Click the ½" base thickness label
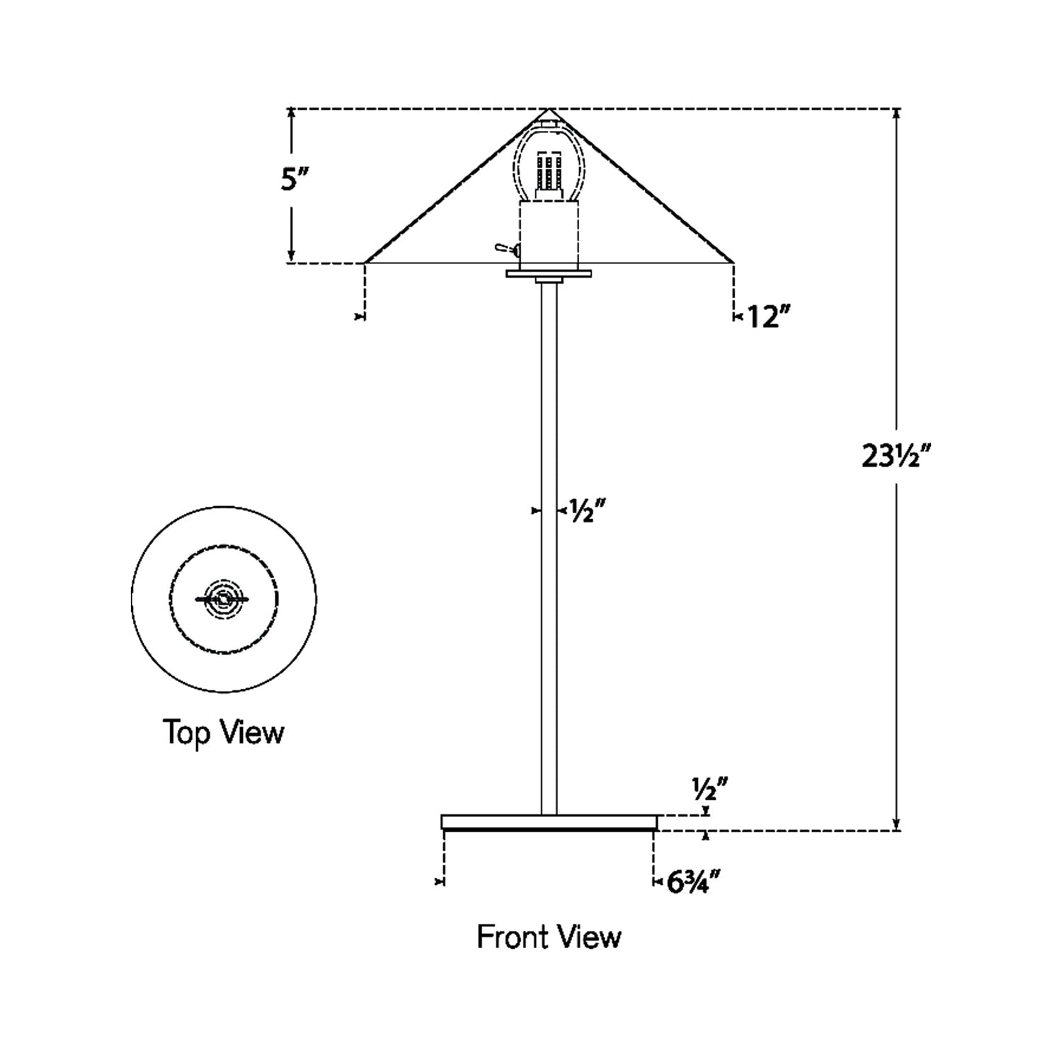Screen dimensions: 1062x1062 709,786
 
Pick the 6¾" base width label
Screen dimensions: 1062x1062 694,882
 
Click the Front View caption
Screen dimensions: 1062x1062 549,937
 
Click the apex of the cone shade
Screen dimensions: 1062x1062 549,110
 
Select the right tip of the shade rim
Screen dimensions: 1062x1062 732,263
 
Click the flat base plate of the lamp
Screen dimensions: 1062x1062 549,822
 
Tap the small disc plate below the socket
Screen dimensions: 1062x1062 549,273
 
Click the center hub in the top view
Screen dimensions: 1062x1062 224,598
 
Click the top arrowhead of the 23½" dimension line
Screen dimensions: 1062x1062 896,113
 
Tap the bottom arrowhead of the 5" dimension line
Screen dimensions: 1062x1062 290,258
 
